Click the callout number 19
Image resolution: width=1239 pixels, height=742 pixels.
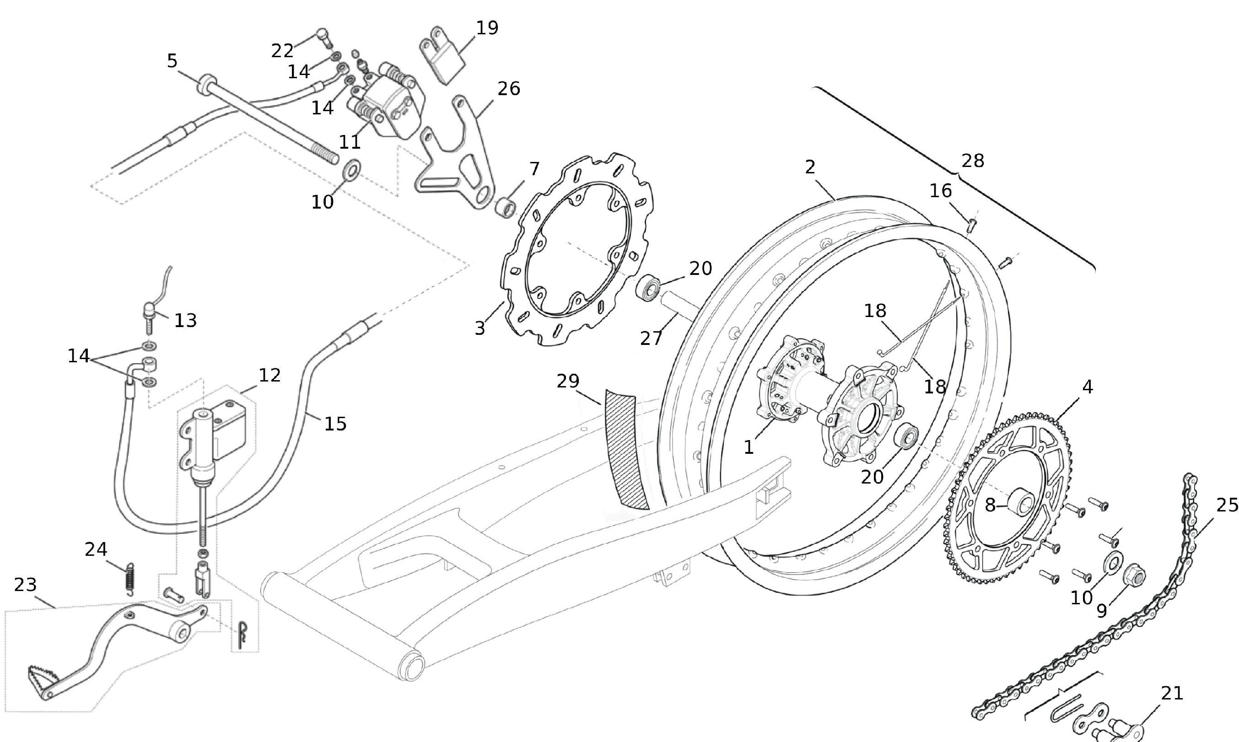[x=487, y=28]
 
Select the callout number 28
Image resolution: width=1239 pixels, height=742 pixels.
[x=973, y=161]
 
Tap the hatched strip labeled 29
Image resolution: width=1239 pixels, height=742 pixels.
[x=625, y=450]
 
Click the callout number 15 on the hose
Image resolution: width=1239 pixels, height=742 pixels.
[x=335, y=424]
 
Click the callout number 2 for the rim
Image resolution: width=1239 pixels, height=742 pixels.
[x=810, y=167]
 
